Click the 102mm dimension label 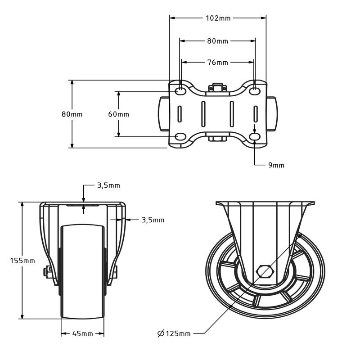[218, 18]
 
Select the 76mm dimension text [217, 62]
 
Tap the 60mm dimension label [118, 114]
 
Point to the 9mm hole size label [276, 165]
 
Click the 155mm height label [22, 261]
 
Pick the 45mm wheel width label [82, 334]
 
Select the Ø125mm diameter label [174, 333]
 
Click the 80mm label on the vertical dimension [72, 114]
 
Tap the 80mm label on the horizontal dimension [217, 41]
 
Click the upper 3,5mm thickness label [108, 185]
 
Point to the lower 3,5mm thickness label [153, 220]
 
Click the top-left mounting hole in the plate [180, 91]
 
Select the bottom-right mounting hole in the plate [255, 137]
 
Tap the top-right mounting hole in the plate [255, 91]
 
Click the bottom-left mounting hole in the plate [180, 137]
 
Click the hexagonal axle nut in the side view [265, 272]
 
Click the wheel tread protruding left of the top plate [163, 114]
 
